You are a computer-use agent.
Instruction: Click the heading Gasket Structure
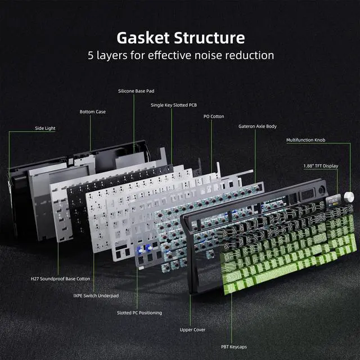(x=180, y=38)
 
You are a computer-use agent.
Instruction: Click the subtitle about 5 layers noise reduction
(x=180, y=56)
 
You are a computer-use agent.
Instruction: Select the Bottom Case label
(x=92, y=112)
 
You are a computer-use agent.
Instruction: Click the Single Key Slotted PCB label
(x=173, y=105)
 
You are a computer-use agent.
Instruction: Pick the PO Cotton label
(x=213, y=116)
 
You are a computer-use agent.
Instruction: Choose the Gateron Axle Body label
(x=257, y=127)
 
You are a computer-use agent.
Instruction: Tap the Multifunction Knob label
(x=305, y=139)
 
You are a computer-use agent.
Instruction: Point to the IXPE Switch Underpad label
(x=96, y=295)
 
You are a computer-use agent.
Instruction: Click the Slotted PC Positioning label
(x=139, y=313)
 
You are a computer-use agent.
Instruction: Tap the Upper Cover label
(x=191, y=330)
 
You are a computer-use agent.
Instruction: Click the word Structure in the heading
(x=211, y=38)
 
